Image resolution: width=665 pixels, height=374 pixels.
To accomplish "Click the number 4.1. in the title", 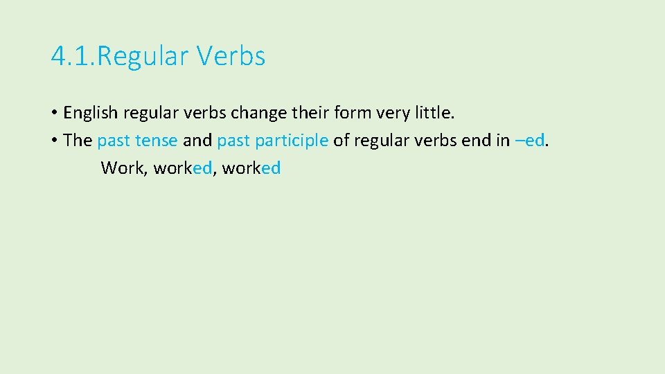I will [72, 56].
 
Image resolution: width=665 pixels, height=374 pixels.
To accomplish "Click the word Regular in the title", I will [143, 57].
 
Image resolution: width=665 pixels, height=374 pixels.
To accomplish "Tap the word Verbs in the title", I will [231, 56].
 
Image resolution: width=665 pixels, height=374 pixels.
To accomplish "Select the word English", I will [91, 112].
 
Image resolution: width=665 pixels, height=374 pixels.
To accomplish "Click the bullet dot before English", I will [54, 113].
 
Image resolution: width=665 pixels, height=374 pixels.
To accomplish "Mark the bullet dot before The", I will [54, 141].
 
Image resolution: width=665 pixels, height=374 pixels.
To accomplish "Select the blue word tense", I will [157, 141].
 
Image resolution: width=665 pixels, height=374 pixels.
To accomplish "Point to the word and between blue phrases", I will [197, 141].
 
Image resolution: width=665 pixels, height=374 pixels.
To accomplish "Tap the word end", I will [477, 141].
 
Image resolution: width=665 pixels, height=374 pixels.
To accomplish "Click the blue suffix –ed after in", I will [531, 141].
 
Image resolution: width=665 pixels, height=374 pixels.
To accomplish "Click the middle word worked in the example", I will [182, 168].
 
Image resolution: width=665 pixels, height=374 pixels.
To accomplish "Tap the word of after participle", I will [341, 141].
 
